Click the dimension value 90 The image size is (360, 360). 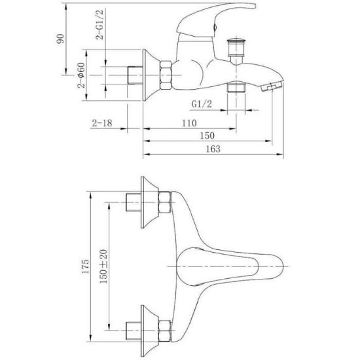point(60,39)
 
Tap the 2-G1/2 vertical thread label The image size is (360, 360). point(99,24)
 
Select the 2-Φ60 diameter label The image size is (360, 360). point(81,75)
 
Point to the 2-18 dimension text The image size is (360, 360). point(102,123)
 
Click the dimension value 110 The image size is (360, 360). point(189,123)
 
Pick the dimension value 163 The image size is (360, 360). point(213,149)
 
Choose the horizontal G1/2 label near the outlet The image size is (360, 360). point(202,105)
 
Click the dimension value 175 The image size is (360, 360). point(85,266)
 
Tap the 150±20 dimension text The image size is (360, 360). point(103,266)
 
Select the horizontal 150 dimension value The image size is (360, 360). point(207,135)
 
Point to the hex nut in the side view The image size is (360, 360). point(166,75)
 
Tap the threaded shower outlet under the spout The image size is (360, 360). point(236,87)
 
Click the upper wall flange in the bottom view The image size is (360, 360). point(149,202)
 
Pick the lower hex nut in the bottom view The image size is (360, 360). point(165,331)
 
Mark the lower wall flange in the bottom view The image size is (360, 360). point(149,331)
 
